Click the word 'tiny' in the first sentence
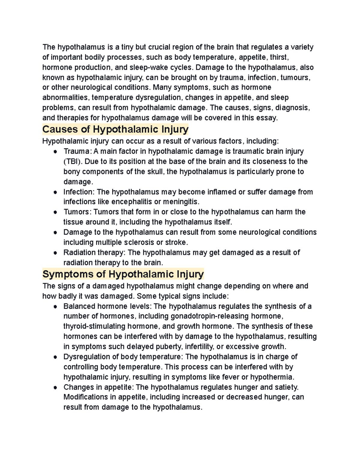pos(127,47)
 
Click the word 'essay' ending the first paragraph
pos(268,118)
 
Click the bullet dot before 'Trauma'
pos(55,152)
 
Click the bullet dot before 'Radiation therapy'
pos(55,253)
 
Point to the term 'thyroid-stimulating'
pos(94,326)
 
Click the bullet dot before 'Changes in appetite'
pos(55,388)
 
